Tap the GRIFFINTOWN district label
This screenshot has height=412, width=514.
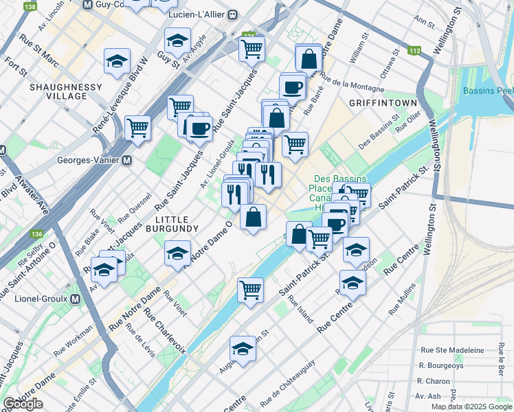pyautogui.click(x=383, y=102)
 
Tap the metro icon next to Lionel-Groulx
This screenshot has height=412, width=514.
pyautogui.click(x=75, y=299)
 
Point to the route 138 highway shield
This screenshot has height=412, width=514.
pyautogui.click(x=30, y=6)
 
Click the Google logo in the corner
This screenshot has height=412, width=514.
pyautogui.click(x=23, y=404)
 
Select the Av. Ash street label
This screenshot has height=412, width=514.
pyautogui.click(x=429, y=396)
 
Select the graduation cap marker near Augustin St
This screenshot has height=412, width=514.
pyautogui.click(x=242, y=350)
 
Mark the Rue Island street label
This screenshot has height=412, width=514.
pyautogui.click(x=300, y=310)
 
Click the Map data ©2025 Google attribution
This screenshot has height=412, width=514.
pyautogui.click(x=471, y=407)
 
